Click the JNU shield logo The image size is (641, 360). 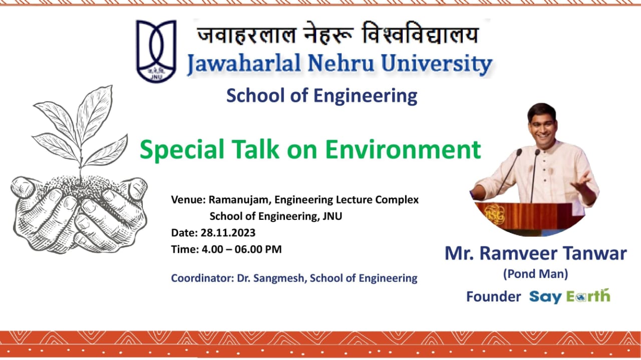click(x=156, y=51)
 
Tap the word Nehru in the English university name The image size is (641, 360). click(x=341, y=63)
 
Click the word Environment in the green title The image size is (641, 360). click(x=403, y=149)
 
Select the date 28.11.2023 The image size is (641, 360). click(x=228, y=233)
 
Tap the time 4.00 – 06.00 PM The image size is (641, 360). click(x=241, y=249)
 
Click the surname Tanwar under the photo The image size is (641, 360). click(x=595, y=253)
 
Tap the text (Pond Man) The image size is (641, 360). click(x=535, y=274)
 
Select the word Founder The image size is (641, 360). click(x=494, y=297)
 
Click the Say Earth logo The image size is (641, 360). click(x=570, y=296)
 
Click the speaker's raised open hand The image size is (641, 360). click(x=582, y=182)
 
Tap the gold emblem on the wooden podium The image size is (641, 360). click(x=494, y=214)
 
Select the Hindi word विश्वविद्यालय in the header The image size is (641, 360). click(x=420, y=34)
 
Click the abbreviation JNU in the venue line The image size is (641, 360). click(x=332, y=216)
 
